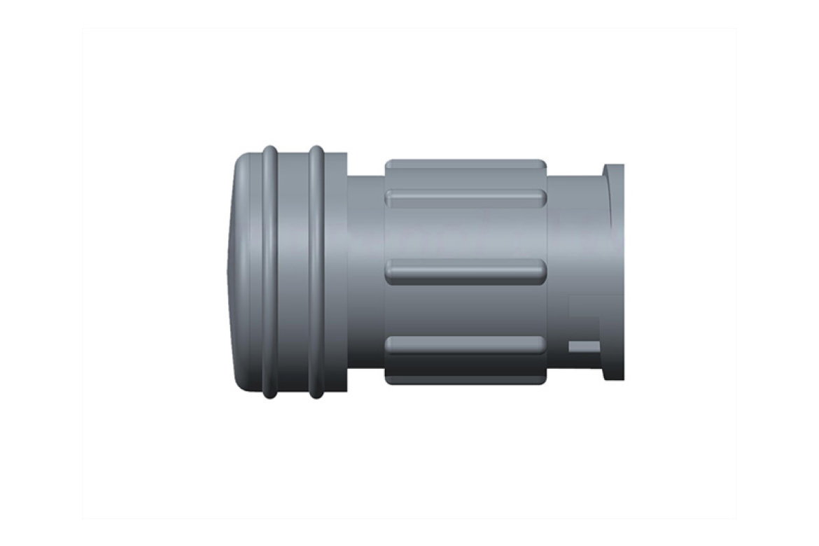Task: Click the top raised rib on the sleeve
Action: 465,198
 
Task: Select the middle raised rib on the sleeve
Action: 465,271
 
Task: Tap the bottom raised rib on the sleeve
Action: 465,344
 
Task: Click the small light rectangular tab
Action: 584,346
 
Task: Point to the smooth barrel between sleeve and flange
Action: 574,238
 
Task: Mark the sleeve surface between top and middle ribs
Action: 465,234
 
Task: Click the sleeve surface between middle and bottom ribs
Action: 465,308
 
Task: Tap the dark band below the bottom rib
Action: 465,370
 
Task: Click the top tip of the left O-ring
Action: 269,148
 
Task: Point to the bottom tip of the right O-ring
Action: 316,396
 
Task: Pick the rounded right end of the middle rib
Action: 540,271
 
